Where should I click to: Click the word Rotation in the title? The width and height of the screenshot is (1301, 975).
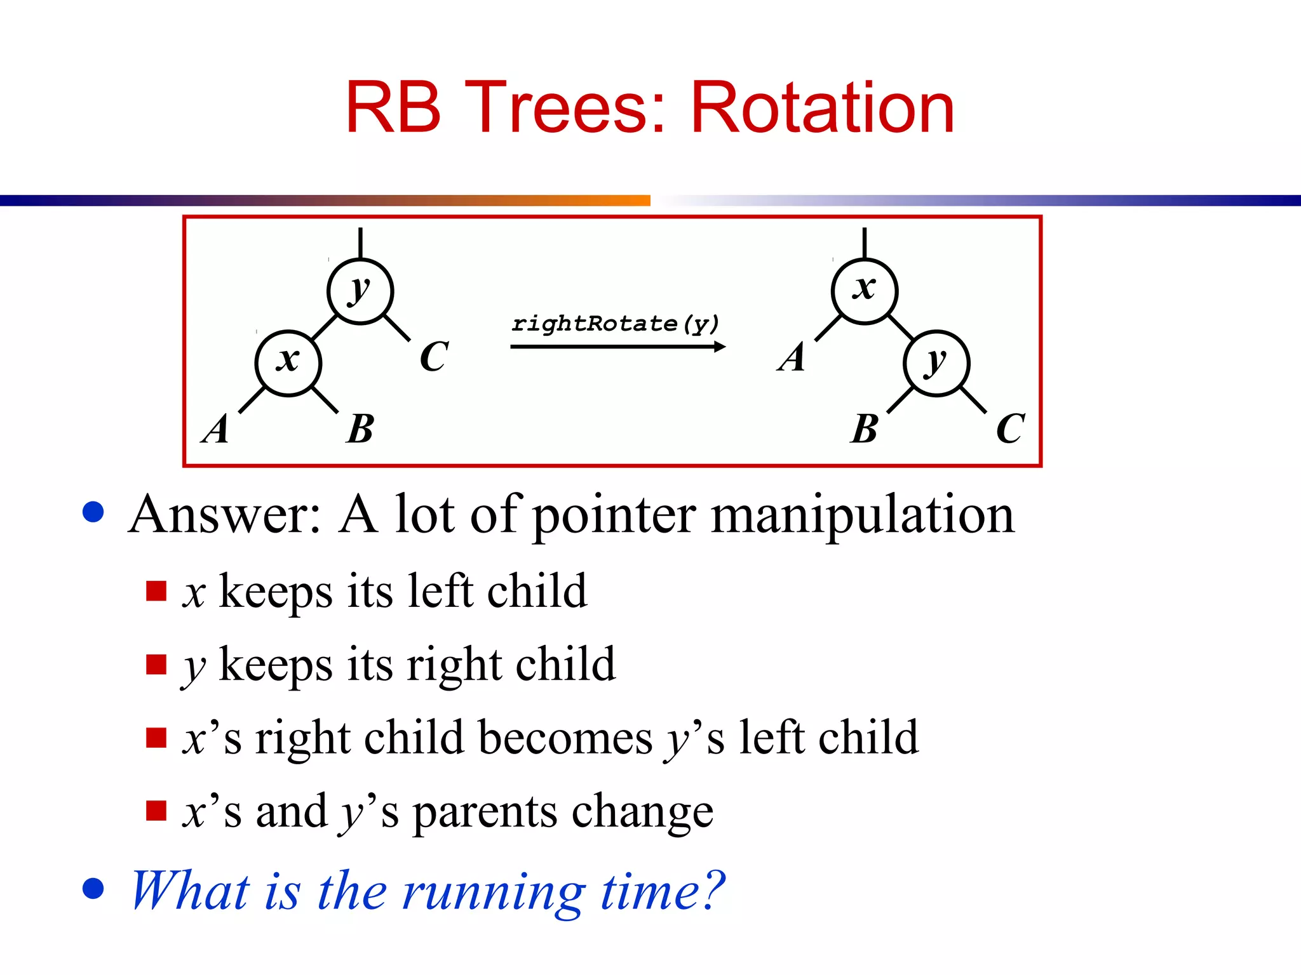coord(822,108)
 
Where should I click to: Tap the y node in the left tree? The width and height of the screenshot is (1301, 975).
coord(360,291)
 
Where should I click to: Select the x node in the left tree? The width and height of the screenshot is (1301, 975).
coord(288,363)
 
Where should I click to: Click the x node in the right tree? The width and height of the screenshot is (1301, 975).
coord(864,291)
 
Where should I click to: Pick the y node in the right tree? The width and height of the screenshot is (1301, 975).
coord(936,363)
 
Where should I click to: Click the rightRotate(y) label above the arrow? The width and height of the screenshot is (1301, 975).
coord(615,324)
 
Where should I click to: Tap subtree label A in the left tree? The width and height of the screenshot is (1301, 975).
coord(216,429)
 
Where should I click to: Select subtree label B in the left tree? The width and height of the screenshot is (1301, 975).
coord(360,429)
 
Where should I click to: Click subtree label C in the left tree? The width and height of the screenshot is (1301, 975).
coord(435,357)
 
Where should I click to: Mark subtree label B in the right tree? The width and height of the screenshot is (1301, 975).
coord(864,429)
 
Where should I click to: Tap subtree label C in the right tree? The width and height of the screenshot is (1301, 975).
coord(1010,429)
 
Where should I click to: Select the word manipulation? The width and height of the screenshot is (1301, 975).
coord(862,515)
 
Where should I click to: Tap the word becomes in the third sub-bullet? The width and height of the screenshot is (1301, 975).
coord(565,738)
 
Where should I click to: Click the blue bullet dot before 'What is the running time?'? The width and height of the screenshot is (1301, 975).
coord(93,889)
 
